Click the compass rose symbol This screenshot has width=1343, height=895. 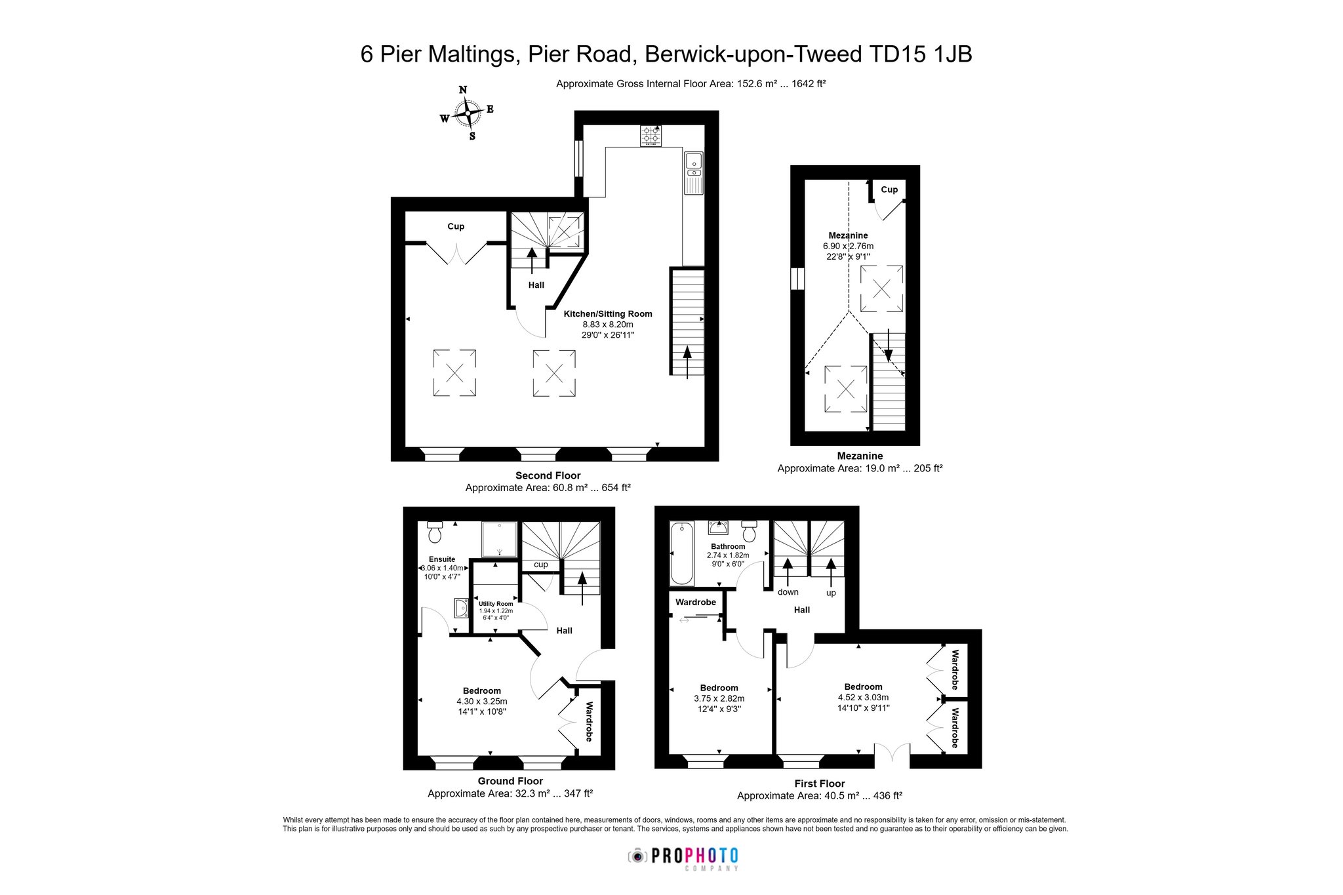point(467,113)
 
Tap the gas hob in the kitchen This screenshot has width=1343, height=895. point(651,136)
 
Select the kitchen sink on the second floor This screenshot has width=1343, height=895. point(693,173)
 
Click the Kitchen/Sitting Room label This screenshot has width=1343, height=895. point(608,314)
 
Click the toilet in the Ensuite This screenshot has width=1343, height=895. point(434,532)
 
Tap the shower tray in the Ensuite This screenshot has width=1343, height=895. point(499,539)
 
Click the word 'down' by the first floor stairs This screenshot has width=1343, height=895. point(788,592)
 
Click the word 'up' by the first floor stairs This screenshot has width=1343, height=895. point(831,593)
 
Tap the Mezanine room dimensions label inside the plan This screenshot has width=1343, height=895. point(848,252)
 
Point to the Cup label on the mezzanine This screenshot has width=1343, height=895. point(889,189)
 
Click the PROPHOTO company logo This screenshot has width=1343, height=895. point(683,857)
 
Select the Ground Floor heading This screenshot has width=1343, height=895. point(510,781)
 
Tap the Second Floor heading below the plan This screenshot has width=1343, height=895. point(548,475)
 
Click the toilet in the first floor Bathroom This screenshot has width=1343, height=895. point(749,531)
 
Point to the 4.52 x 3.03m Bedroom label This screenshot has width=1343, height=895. point(863,697)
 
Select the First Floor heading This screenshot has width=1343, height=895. point(820,784)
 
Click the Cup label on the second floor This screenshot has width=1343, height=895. point(456,226)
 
